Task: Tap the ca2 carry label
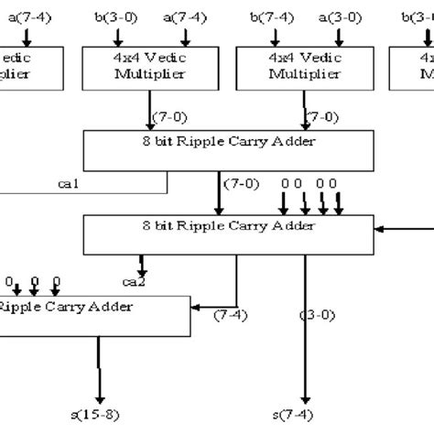click(x=134, y=279)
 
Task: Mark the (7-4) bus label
click(x=229, y=316)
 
